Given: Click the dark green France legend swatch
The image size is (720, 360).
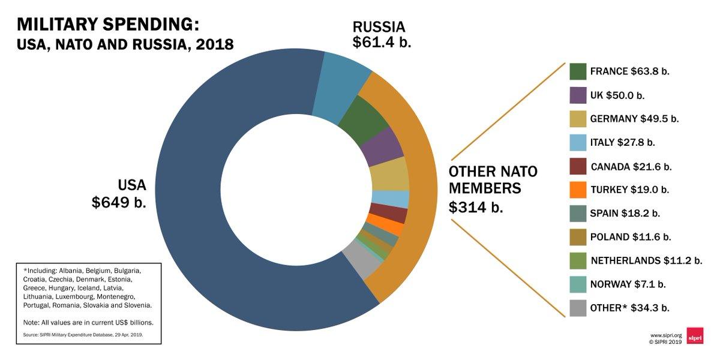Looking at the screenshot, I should (578, 71).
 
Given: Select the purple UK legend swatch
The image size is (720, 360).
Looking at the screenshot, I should (578, 95).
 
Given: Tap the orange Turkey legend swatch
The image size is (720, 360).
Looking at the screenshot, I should (578, 190).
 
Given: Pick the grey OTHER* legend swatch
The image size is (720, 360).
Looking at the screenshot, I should (578, 308).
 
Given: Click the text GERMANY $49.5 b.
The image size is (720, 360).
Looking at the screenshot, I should (634, 119).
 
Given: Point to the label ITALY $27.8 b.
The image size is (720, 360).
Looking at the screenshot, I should (622, 142).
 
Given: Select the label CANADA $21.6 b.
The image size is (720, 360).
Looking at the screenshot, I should (631, 166).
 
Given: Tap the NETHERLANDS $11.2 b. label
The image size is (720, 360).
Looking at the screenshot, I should (646, 260).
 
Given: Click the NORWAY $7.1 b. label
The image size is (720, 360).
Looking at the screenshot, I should (628, 284).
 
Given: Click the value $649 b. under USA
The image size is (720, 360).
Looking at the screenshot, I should (119, 203).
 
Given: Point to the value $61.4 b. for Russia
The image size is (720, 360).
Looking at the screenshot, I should (382, 43).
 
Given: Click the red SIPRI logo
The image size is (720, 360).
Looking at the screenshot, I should (695, 335).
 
